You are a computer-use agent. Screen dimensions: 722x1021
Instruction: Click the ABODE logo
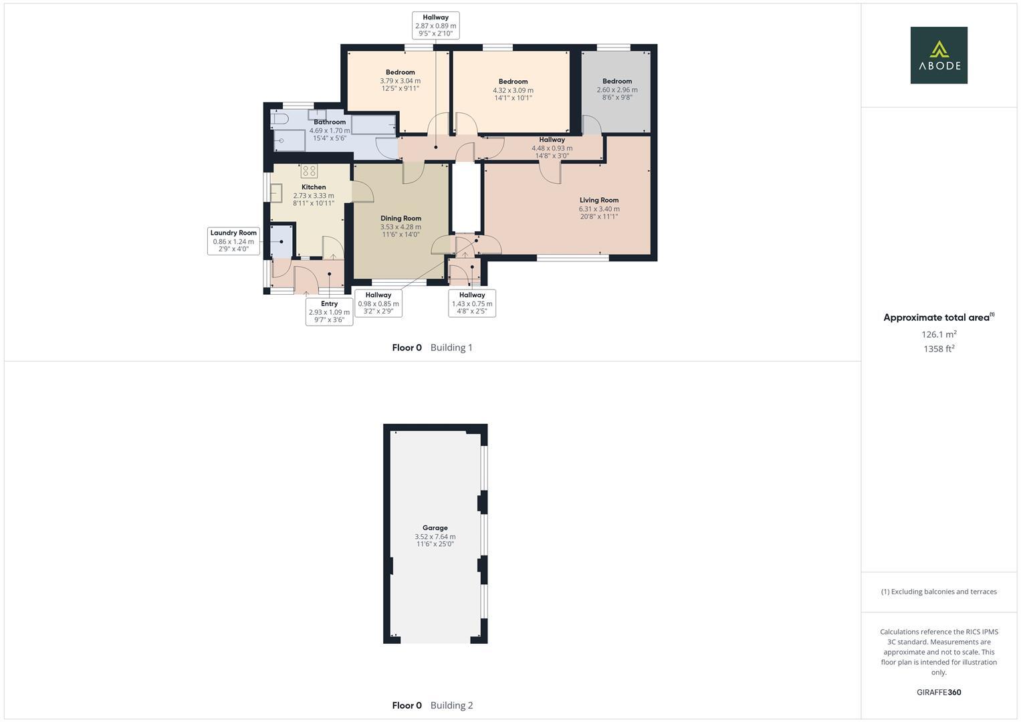click(x=938, y=55)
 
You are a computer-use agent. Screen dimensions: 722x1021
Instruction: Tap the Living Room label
click(x=598, y=200)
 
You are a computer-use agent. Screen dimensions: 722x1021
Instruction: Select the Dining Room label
click(x=401, y=218)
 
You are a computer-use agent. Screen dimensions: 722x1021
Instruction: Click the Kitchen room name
click(x=314, y=187)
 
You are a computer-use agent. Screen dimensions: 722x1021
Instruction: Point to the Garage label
click(x=435, y=527)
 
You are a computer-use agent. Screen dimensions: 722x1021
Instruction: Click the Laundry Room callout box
click(x=233, y=241)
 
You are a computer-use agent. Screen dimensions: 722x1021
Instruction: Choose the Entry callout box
click(x=329, y=312)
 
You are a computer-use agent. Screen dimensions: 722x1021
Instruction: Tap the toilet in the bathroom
click(x=280, y=118)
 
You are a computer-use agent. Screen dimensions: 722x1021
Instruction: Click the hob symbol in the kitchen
click(x=309, y=170)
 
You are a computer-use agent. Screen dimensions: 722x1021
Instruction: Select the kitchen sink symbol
click(x=276, y=193)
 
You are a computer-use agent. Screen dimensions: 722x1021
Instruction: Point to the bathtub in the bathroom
click(x=373, y=124)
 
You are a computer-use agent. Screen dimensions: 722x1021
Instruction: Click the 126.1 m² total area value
click(x=938, y=334)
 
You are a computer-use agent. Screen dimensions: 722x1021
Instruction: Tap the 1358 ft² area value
click(x=938, y=348)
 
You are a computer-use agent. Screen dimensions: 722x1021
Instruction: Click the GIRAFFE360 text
click(x=938, y=692)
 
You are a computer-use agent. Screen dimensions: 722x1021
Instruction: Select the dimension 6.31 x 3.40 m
click(x=598, y=209)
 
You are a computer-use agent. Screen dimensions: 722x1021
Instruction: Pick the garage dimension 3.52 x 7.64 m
click(x=435, y=536)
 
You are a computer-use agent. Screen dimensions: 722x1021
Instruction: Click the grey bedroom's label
click(x=616, y=81)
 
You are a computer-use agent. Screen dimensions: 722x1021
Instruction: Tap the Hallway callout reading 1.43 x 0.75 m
click(x=471, y=303)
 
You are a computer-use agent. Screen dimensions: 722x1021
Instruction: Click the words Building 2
click(x=451, y=705)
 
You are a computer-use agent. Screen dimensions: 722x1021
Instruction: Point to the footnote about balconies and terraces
click(x=938, y=592)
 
